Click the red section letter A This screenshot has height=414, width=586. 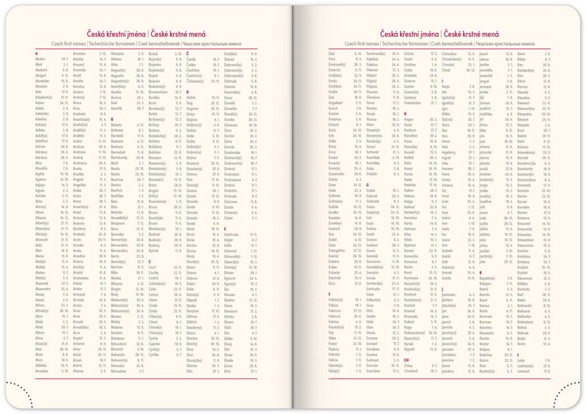tap(37, 53)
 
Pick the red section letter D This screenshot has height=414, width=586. tap(187, 92)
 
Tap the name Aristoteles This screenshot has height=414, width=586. tap(83, 262)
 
